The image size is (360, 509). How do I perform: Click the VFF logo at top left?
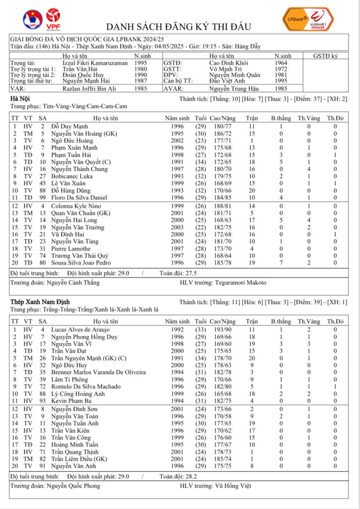32,19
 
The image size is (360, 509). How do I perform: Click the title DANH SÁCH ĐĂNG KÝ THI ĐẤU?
179,26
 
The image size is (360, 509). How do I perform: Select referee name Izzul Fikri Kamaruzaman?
94,63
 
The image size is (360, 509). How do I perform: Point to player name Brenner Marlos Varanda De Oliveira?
98,372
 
